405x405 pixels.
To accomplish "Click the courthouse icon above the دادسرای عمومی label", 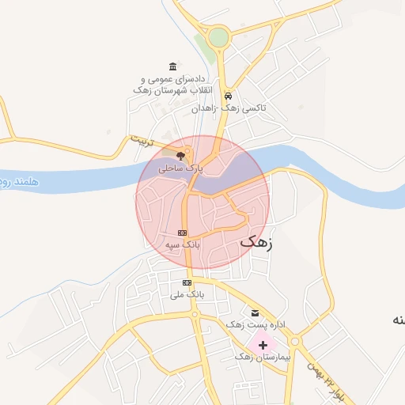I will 173,66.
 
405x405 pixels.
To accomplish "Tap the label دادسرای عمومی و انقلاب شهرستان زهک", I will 173,85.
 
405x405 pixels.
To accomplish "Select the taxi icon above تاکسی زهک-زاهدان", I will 228,93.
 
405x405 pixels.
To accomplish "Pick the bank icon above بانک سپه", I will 183,233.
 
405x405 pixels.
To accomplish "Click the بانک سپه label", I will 183,246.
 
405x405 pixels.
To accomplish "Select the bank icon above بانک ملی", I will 187,282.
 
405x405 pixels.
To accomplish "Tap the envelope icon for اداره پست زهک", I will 254,312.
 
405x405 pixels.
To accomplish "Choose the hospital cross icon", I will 262,345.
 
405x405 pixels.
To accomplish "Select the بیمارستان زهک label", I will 263,358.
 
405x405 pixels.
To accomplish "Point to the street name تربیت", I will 139,143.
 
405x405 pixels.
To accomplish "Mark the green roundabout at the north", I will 218,36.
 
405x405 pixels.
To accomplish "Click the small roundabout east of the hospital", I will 296,341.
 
